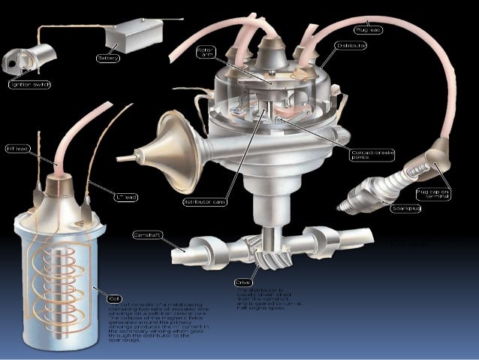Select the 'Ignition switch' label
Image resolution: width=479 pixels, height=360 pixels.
[29, 85]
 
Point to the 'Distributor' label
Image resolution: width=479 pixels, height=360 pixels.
[351, 47]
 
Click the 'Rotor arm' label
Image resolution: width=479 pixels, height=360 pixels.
[206, 55]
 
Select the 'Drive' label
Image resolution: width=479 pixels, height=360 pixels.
[244, 281]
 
